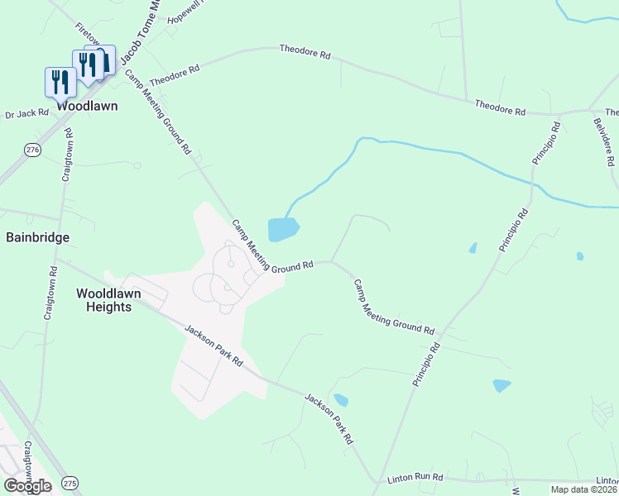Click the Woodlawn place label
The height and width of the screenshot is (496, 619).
[x=87, y=106]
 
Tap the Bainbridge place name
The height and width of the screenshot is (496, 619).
[x=38, y=237]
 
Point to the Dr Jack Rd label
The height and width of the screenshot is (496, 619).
[x=27, y=113]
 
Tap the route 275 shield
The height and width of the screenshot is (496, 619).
[x=70, y=483]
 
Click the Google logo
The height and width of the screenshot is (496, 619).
[x=27, y=486]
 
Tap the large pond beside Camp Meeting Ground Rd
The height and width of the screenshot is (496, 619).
[x=282, y=228]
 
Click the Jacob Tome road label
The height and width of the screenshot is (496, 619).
[x=138, y=33]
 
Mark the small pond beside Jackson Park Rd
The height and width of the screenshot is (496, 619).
[x=340, y=400]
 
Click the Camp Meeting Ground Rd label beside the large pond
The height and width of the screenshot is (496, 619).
[x=272, y=246]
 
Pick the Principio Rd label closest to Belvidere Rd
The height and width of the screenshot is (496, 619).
[x=547, y=144]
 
